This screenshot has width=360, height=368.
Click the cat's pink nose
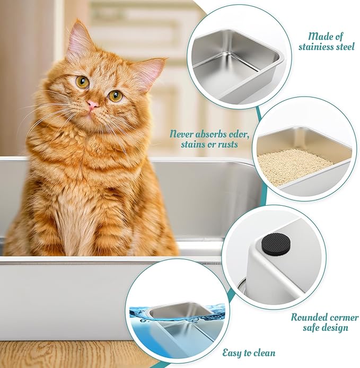pyautogui.click(x=93, y=104)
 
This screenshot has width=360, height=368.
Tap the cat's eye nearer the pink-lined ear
pyautogui.click(x=116, y=95)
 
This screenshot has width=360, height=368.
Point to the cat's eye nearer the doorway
pyautogui.click(x=83, y=82)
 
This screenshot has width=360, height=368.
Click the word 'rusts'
pyautogui.click(x=227, y=144)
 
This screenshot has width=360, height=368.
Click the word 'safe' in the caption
pyautogui.click(x=311, y=327)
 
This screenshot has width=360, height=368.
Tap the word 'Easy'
pyautogui.click(x=232, y=353)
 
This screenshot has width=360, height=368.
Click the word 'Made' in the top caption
pyautogui.click(x=318, y=37)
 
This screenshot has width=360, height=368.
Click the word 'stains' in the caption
pyautogui.click(x=192, y=144)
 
